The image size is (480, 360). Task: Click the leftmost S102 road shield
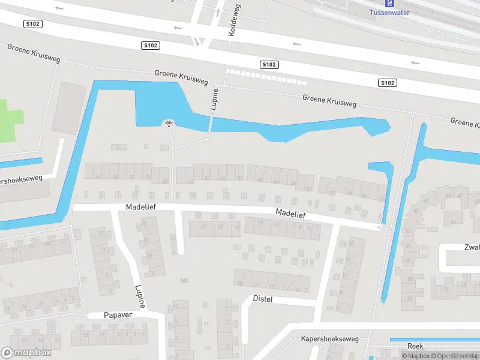(x=33, y=23)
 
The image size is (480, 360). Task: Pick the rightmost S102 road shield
(x=387, y=83)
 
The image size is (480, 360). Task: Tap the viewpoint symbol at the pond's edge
(x=169, y=124)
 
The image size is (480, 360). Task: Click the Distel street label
(x=263, y=298)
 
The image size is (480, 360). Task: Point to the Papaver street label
(x=117, y=314)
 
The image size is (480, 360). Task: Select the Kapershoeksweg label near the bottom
(x=329, y=339)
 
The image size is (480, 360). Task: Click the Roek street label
(x=415, y=346)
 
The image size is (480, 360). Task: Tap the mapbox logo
(x=26, y=353)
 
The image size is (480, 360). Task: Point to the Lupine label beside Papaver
(x=140, y=295)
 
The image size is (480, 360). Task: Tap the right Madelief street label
(x=290, y=213)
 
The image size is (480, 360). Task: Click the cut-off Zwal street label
(x=472, y=247)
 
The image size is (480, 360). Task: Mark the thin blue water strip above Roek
(x=432, y=340)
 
